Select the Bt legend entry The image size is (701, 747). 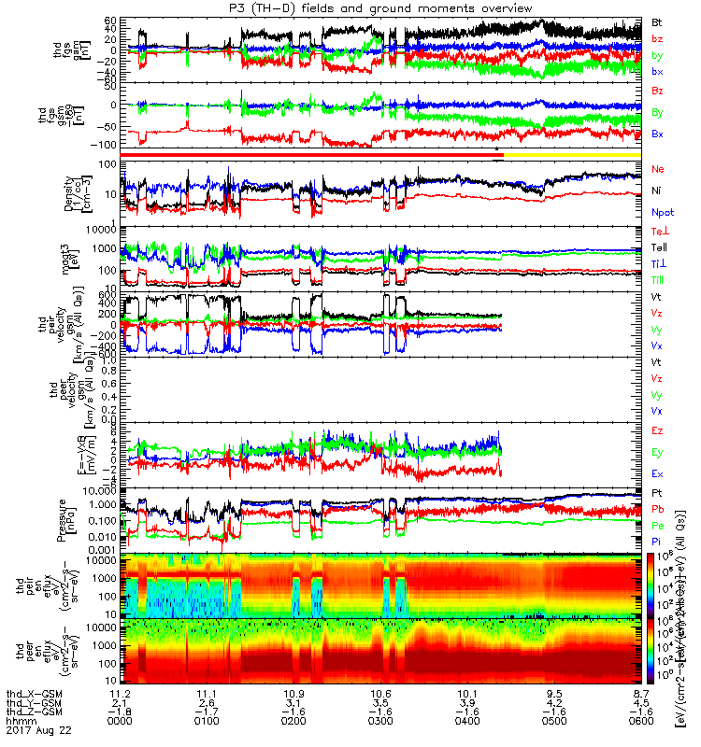[x=657, y=21]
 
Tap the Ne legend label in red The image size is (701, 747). [x=658, y=169]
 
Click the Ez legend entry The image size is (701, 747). [x=657, y=430]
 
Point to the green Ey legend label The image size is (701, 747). [x=657, y=452]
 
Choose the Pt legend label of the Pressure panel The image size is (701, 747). [x=657, y=492]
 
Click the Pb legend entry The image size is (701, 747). [x=657, y=508]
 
